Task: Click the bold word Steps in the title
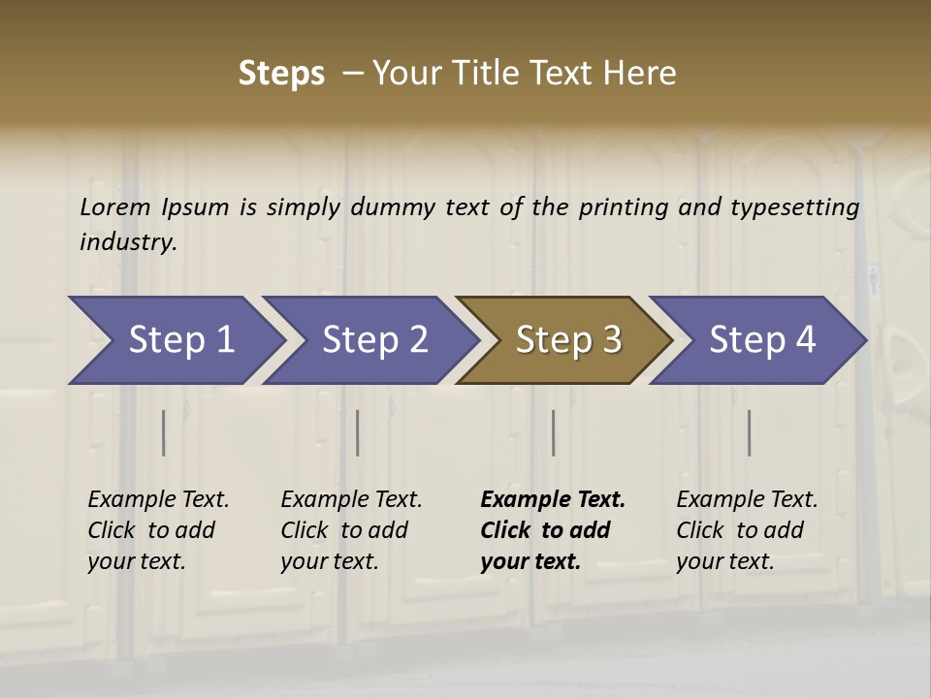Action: (281, 74)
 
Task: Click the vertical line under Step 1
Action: (164, 432)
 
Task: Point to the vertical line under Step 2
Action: (358, 432)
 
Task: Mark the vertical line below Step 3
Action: (554, 432)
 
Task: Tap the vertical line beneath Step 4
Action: (750, 432)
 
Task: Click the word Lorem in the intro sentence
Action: (115, 206)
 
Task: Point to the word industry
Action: (128, 242)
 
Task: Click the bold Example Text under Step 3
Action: (553, 500)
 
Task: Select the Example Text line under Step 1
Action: (158, 500)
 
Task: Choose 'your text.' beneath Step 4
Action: (724, 561)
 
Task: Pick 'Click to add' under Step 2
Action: (344, 530)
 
